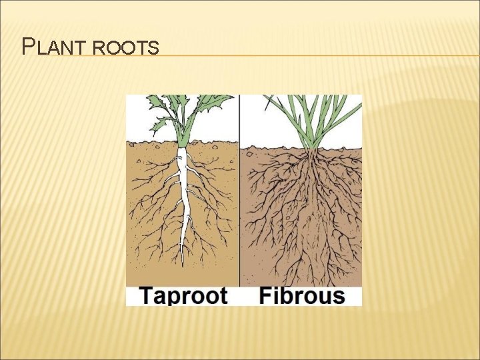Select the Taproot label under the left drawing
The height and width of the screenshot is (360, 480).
(183, 296)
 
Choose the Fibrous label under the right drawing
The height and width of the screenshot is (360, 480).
(301, 296)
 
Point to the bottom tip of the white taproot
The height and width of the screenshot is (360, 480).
(182, 262)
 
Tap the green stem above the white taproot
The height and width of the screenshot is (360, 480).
(183, 133)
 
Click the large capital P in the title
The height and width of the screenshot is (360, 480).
(28, 47)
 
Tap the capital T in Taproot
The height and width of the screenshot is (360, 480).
(145, 295)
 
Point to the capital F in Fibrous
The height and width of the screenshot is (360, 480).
(265, 295)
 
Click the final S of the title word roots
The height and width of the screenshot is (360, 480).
(154, 49)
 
